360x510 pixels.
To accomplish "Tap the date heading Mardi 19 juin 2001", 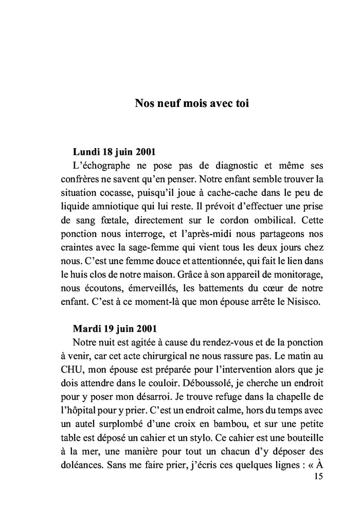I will [x=115, y=329].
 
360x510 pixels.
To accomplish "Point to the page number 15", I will [x=317, y=477].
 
